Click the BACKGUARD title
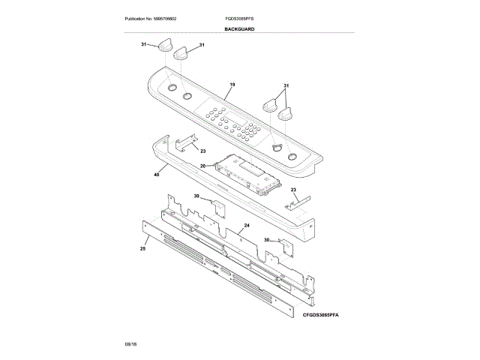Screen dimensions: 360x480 click(239, 28)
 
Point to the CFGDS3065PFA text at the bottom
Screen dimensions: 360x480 click(322, 317)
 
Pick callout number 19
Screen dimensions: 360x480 click(232, 85)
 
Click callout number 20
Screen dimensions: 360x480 click(202, 165)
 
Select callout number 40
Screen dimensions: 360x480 click(156, 175)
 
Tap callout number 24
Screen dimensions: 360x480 click(246, 225)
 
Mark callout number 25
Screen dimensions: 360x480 click(142, 247)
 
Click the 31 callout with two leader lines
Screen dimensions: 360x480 click(286, 85)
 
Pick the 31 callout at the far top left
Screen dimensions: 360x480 click(144, 45)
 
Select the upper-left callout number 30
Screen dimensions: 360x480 click(196, 196)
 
